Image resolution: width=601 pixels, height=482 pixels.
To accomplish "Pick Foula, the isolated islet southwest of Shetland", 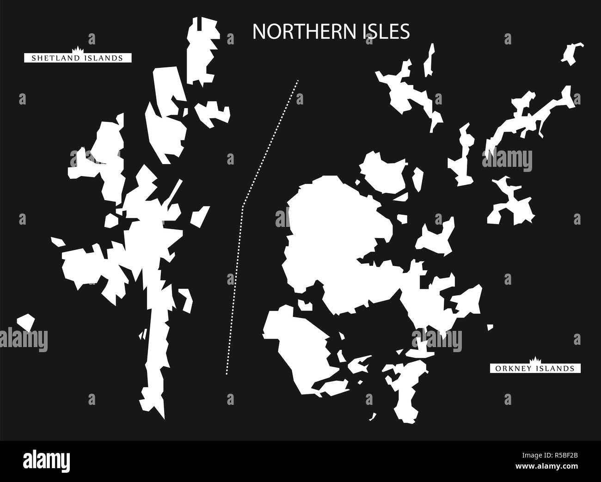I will pyautogui.click(x=26, y=322).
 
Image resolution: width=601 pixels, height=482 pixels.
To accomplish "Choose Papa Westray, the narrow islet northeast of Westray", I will pyautogui.click(x=430, y=60).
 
